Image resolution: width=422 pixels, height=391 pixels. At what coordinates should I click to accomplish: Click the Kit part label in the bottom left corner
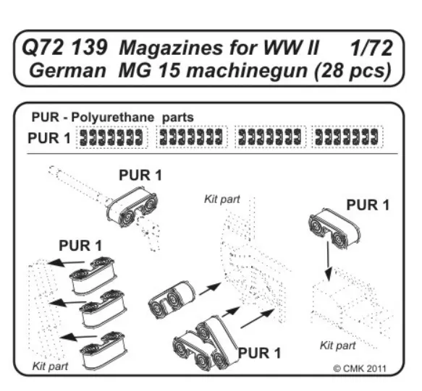pyautogui.click(x=50, y=366)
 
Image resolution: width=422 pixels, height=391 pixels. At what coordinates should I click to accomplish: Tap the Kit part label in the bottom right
pyautogui.click(x=337, y=345)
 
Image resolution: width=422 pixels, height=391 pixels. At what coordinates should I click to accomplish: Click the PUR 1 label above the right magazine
pyautogui.click(x=368, y=205)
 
